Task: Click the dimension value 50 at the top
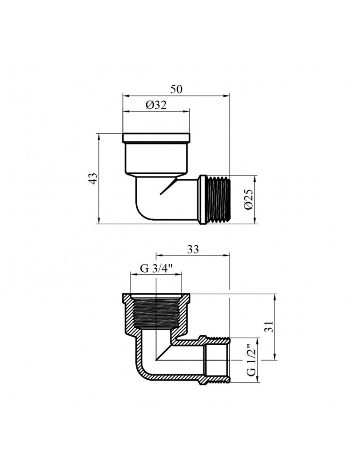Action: (176, 89)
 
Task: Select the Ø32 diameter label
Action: (156, 105)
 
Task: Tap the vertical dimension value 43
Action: (93, 178)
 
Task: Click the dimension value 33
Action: (192, 249)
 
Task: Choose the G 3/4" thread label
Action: (156, 269)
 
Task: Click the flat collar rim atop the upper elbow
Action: (156, 138)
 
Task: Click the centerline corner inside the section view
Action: (156, 361)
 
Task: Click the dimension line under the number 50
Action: (176, 95)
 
